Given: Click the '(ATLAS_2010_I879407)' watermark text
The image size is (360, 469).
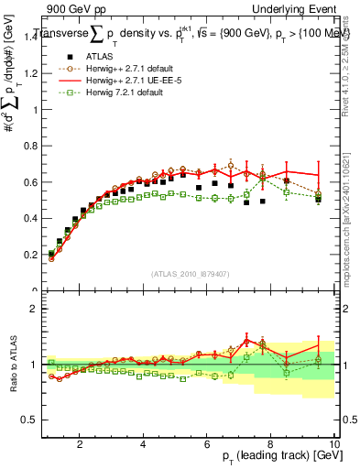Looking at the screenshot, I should pyautogui.click(x=190, y=272).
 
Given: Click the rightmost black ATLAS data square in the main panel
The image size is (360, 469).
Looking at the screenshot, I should pyautogui.click(x=318, y=199).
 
